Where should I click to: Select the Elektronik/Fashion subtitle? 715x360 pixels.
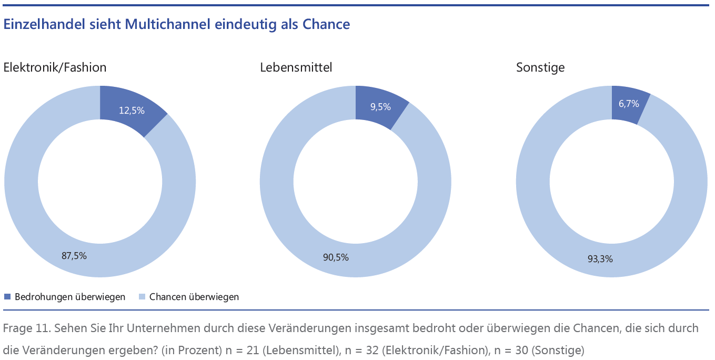point(55,67)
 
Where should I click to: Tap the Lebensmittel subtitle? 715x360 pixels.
point(296,67)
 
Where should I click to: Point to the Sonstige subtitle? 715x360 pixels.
point(540,67)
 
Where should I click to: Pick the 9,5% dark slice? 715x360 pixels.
point(380,107)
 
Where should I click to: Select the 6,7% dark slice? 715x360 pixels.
point(629,104)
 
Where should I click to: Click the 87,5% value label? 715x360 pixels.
point(74,256)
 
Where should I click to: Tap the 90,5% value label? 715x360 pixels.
point(336,257)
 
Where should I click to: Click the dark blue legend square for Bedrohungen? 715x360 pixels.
point(7,297)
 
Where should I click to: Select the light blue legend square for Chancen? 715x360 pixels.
point(142,297)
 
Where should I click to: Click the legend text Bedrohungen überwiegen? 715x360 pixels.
point(70,297)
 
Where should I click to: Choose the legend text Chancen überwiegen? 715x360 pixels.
point(194,297)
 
